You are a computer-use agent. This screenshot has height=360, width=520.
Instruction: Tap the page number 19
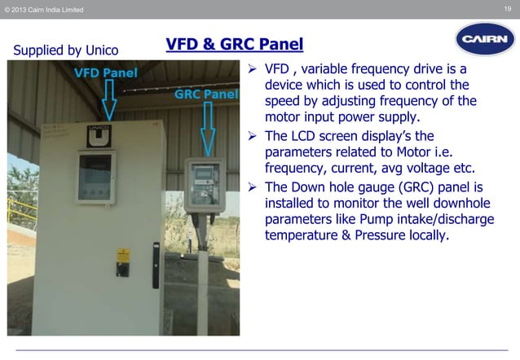tap(508, 9)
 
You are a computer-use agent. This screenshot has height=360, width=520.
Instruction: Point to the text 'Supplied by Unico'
tap(65, 50)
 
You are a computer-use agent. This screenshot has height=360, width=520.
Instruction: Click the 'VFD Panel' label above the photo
tap(106, 72)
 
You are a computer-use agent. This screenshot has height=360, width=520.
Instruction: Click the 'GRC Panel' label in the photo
tap(206, 94)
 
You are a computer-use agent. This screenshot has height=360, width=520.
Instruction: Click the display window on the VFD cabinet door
tap(96, 177)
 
